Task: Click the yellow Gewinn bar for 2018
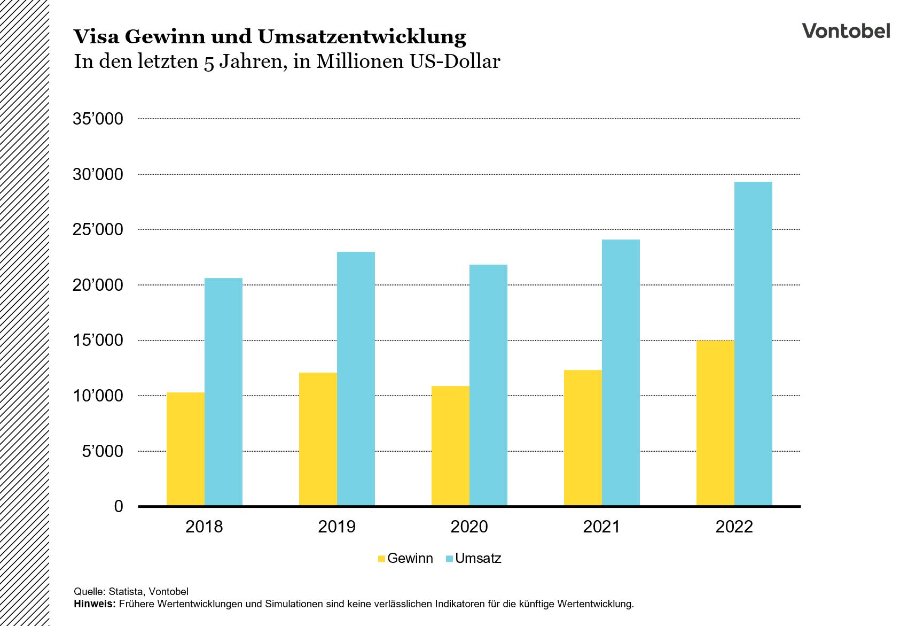pyautogui.click(x=185, y=449)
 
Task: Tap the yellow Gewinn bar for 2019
pyautogui.click(x=318, y=439)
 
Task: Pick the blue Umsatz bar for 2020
pyautogui.click(x=488, y=385)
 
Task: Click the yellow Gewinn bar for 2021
pyautogui.click(x=583, y=438)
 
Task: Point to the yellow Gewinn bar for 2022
pyautogui.click(x=715, y=423)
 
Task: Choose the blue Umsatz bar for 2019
pyautogui.click(x=356, y=379)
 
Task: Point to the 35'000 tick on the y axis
pyautogui.click(x=98, y=119)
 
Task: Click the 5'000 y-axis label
pyautogui.click(x=102, y=451)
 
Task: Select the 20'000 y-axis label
pyautogui.click(x=98, y=285)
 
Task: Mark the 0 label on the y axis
pyautogui.click(x=119, y=506)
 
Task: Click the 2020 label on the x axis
pyautogui.click(x=469, y=527)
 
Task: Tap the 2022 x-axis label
pyautogui.click(x=734, y=527)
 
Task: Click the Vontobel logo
pyautogui.click(x=846, y=30)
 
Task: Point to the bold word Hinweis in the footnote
pyautogui.click(x=94, y=605)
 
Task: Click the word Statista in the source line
pyautogui.click(x=126, y=591)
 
